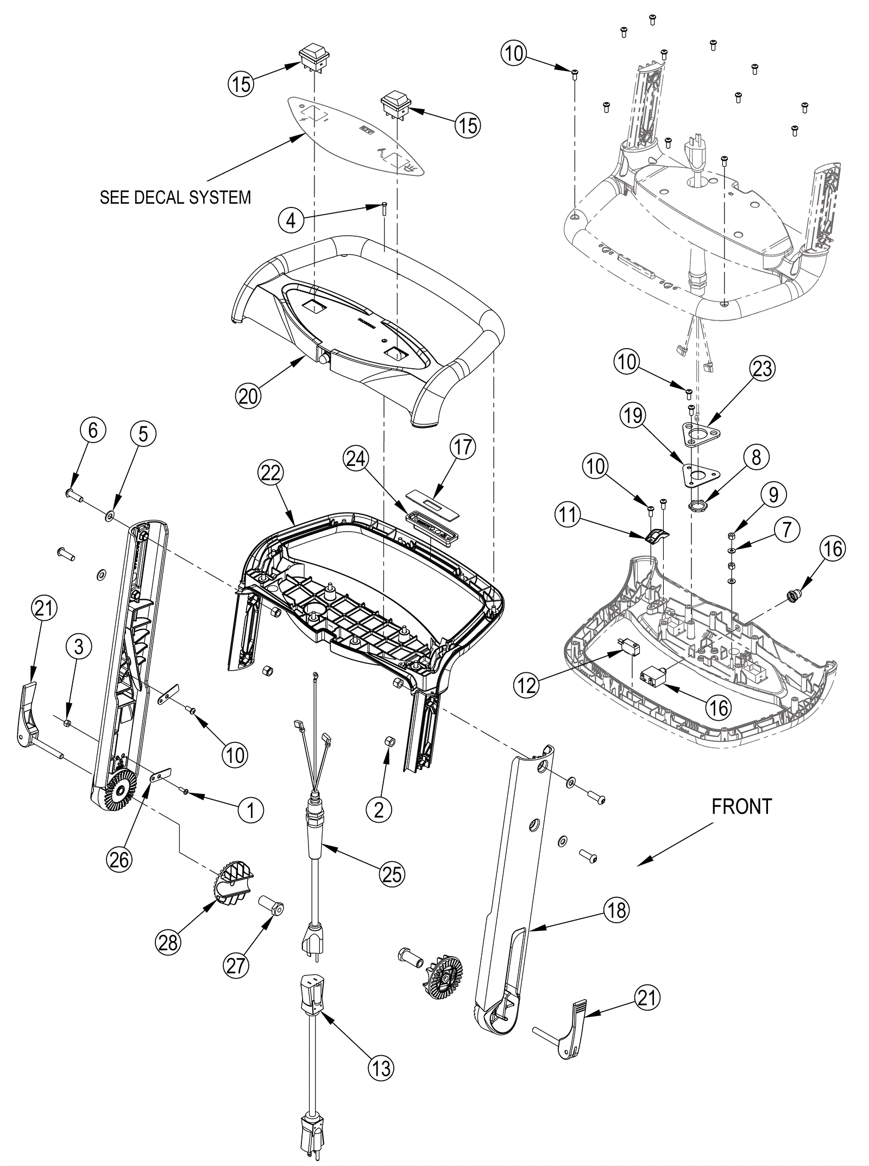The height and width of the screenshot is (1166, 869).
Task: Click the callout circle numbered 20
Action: point(248,396)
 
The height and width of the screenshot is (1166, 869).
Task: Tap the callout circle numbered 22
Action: point(270,473)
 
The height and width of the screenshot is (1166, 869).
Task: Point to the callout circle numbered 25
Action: point(392,874)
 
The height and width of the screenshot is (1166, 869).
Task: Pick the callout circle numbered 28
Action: point(168,942)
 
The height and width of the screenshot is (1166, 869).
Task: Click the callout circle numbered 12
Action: point(527,685)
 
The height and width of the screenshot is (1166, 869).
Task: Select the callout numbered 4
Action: point(291,221)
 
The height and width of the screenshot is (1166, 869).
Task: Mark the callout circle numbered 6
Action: point(93,431)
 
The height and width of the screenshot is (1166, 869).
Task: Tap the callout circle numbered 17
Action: point(462,447)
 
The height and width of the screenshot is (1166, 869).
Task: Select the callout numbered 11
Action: point(567,514)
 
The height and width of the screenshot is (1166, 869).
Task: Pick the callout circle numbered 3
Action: point(79,646)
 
